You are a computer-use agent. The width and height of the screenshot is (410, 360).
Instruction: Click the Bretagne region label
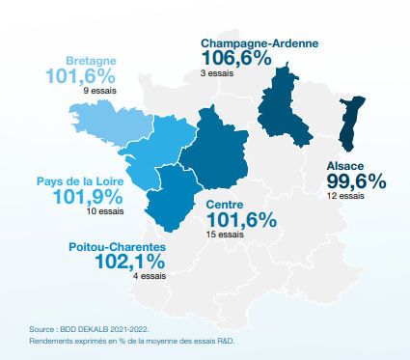tap(92, 61)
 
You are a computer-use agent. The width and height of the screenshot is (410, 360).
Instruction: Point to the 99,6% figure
tap(355, 181)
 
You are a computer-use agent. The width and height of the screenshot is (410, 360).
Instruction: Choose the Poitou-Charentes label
tap(116, 247)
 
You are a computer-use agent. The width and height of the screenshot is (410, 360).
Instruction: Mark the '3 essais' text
tap(217, 73)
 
